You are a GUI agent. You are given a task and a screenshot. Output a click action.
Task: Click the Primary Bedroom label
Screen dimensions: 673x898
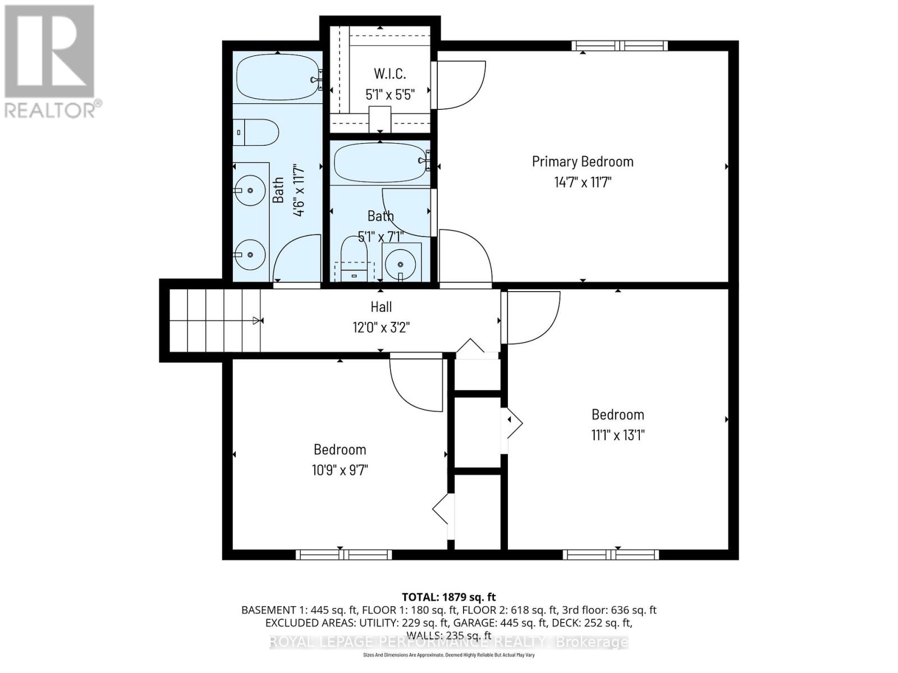click(x=583, y=162)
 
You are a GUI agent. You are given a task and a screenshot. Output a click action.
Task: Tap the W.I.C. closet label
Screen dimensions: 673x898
click(x=390, y=73)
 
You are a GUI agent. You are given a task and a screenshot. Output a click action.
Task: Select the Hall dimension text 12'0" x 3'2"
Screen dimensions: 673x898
click(x=381, y=327)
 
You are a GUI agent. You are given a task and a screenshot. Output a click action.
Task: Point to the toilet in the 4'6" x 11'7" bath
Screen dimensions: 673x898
click(x=256, y=133)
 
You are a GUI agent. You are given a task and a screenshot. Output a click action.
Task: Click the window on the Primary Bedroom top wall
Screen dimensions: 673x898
click(x=620, y=46)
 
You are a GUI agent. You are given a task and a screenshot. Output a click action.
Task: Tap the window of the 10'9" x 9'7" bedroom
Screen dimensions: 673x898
click(x=343, y=555)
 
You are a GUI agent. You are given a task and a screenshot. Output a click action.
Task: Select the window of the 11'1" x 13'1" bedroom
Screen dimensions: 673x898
click(x=611, y=555)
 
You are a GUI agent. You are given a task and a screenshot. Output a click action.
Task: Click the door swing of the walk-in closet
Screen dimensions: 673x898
click(x=459, y=85)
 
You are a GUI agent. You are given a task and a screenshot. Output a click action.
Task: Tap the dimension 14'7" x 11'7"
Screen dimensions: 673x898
click(x=583, y=182)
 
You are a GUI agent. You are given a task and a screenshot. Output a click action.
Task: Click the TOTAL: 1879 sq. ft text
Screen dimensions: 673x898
click(x=448, y=597)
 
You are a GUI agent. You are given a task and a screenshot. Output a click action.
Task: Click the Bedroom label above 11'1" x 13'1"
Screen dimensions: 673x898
click(x=617, y=414)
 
